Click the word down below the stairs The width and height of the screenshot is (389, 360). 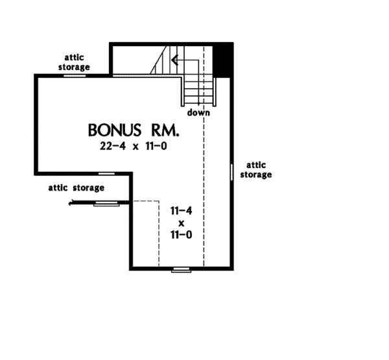(x=198, y=112)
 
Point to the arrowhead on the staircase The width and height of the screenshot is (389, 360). (x=174, y=62)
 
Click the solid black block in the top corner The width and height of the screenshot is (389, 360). (x=224, y=59)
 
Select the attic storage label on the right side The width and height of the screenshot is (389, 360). (x=255, y=170)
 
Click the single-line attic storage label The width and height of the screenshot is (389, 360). (x=76, y=188)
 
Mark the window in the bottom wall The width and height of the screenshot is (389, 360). (x=180, y=268)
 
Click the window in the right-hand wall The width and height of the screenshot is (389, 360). (x=231, y=171)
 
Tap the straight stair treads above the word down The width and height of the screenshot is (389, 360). (x=198, y=90)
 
